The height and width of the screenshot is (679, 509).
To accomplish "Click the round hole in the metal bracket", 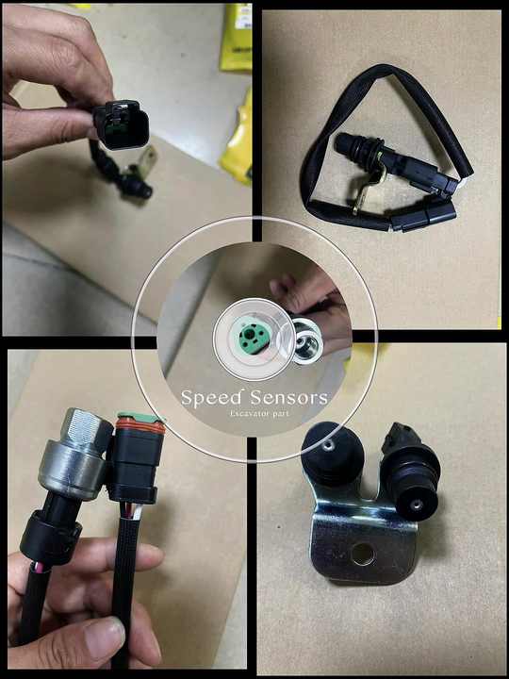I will pyautogui.click(x=362, y=553).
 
